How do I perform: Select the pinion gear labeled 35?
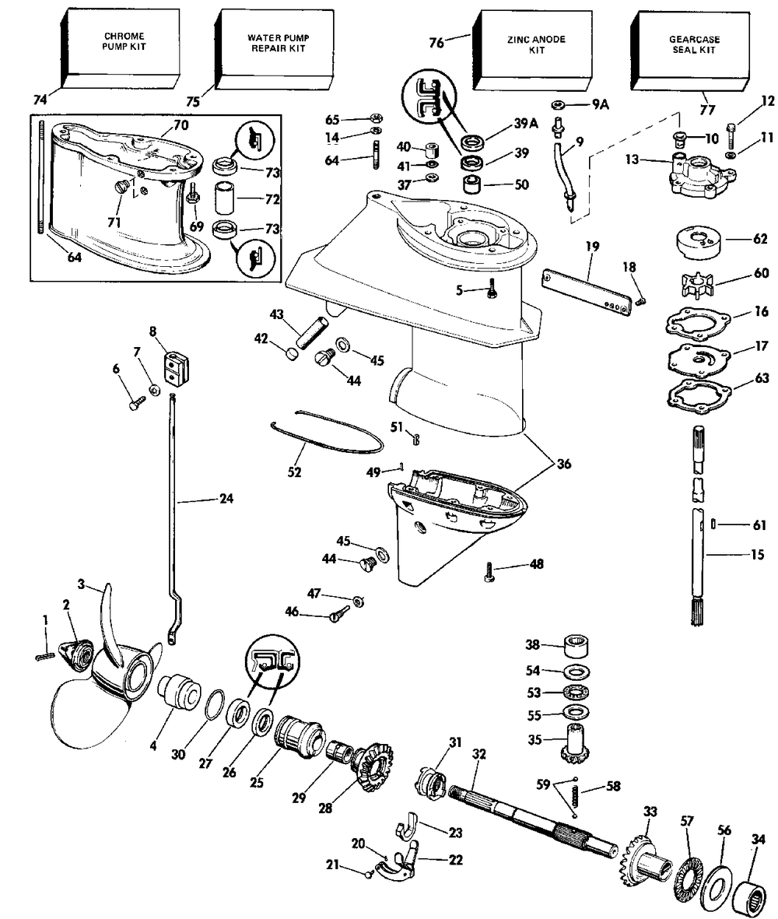tap(572, 744)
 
